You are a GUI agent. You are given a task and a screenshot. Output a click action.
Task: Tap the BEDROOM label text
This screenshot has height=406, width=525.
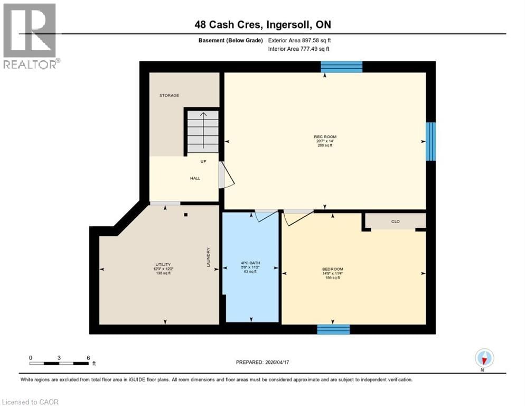click(x=333, y=269)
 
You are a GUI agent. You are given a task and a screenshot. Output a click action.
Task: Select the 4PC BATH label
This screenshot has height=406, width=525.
click(x=250, y=263)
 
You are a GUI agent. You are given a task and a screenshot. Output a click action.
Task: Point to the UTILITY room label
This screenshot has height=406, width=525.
click(x=163, y=264)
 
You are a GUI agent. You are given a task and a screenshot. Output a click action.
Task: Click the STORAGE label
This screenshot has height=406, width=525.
click(x=170, y=96)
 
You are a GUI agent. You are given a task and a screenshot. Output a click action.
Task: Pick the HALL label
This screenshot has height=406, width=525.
click(x=195, y=179)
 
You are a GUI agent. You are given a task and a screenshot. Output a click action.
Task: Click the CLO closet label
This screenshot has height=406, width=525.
click(x=395, y=222)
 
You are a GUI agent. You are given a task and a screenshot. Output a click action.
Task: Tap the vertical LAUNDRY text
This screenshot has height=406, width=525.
click(x=209, y=257)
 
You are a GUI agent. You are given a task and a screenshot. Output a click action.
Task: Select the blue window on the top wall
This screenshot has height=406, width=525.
click(x=342, y=67)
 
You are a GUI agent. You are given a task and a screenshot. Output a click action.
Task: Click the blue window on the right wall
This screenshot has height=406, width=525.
click(x=431, y=141)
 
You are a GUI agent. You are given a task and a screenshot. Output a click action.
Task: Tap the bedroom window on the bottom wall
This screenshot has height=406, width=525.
click(x=333, y=329)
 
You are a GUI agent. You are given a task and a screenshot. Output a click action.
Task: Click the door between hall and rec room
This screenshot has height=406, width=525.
click(x=226, y=175)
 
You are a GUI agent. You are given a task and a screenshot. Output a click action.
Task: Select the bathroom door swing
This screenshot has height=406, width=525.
click(x=265, y=216)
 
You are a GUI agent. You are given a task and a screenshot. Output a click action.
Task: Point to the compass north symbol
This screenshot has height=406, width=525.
click(x=484, y=358)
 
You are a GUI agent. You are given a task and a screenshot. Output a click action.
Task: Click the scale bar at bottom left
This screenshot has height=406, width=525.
click(x=59, y=363)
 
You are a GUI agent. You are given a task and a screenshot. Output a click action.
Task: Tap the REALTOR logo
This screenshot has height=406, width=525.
click(x=30, y=36)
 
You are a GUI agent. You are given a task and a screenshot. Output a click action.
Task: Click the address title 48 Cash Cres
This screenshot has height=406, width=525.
click(x=262, y=24)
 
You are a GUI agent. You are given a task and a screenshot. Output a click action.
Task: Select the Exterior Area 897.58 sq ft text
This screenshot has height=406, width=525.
click(x=299, y=40)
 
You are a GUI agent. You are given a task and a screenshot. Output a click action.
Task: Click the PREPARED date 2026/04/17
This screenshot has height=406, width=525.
click(x=262, y=362)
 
